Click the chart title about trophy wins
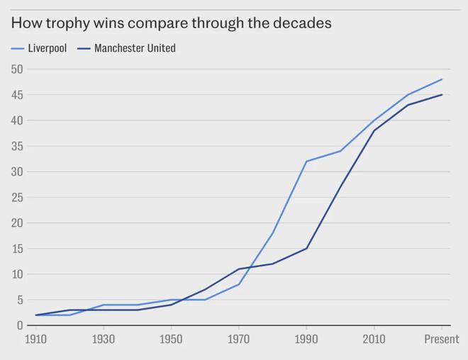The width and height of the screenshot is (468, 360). pos(171,23)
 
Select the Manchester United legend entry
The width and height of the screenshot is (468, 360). pos(128,49)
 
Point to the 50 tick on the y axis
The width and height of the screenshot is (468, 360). pos(17,69)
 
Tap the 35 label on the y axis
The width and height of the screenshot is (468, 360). pos(17,147)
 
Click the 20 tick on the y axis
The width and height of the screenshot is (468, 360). pos(17,223)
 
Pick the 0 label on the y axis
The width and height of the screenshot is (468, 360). pos(20,325)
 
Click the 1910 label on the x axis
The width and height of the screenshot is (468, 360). pos(36,340)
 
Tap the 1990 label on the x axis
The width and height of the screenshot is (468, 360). pos(306,340)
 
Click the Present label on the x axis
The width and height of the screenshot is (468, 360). pos(441,340)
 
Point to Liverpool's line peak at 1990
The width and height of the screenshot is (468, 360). pos(306,162)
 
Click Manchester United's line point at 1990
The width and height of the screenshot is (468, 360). pos(306,248)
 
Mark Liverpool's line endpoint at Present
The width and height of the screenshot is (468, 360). pos(442,79)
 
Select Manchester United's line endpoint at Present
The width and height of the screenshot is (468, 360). pos(442,95)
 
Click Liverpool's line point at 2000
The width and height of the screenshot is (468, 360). pos(340,151)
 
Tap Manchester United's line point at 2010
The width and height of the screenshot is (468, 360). pos(374,130)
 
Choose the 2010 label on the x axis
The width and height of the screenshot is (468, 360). pos(374,340)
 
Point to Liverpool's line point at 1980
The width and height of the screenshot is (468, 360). pos(273,233)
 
